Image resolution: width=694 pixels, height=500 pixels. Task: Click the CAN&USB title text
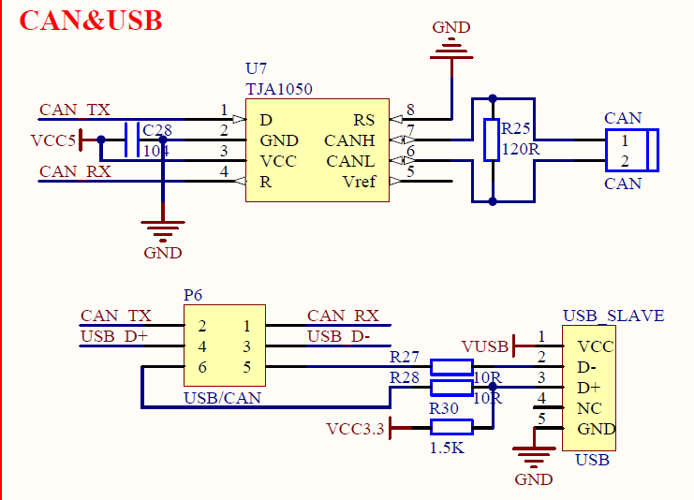click(91, 21)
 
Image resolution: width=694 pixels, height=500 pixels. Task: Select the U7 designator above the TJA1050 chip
click(256, 69)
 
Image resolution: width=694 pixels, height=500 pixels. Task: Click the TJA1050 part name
click(279, 89)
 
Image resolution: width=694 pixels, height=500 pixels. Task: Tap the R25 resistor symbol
click(491, 140)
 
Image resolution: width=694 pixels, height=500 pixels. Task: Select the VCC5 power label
click(52, 140)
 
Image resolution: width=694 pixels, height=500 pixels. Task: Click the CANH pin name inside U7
click(349, 140)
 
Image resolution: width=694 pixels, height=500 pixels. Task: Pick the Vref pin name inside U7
click(359, 182)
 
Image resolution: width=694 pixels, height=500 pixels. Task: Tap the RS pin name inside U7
click(363, 120)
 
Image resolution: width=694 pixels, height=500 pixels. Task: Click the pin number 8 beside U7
click(409, 110)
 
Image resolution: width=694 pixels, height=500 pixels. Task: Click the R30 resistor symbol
click(450, 428)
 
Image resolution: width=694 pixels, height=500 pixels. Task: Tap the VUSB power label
click(485, 346)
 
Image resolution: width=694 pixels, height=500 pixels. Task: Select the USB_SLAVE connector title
click(613, 316)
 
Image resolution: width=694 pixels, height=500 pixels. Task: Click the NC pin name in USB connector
click(589, 408)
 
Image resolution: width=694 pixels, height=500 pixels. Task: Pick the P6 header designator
click(193, 295)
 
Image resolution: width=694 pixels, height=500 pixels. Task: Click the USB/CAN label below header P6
click(222, 398)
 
